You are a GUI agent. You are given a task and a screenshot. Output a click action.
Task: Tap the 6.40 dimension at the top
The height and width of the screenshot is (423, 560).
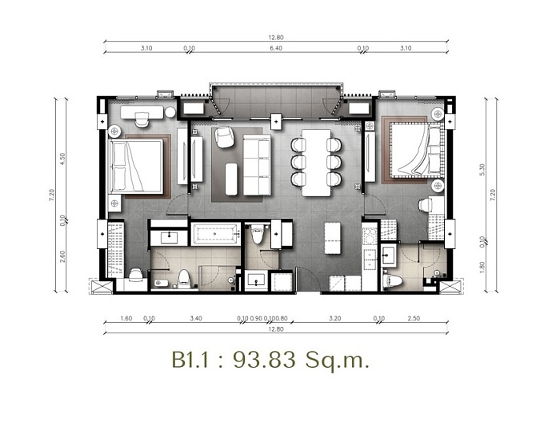tap(276, 49)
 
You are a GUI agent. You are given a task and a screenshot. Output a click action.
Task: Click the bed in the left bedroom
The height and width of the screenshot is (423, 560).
tap(138, 164)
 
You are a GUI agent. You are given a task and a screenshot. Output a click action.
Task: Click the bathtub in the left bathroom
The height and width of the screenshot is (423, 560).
tap(215, 236)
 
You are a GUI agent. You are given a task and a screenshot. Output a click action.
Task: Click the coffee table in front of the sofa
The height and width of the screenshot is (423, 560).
tap(231, 178)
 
